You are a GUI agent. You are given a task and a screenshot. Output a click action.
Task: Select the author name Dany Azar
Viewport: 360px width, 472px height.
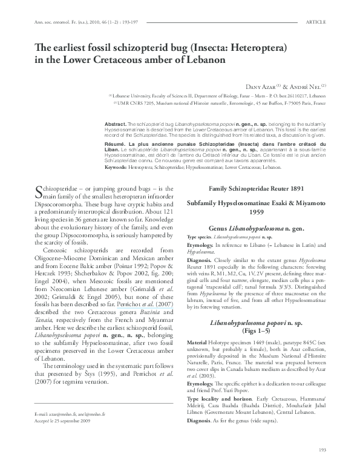tap(257, 85)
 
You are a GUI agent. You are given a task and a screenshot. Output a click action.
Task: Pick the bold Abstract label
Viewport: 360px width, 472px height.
tap(116, 123)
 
